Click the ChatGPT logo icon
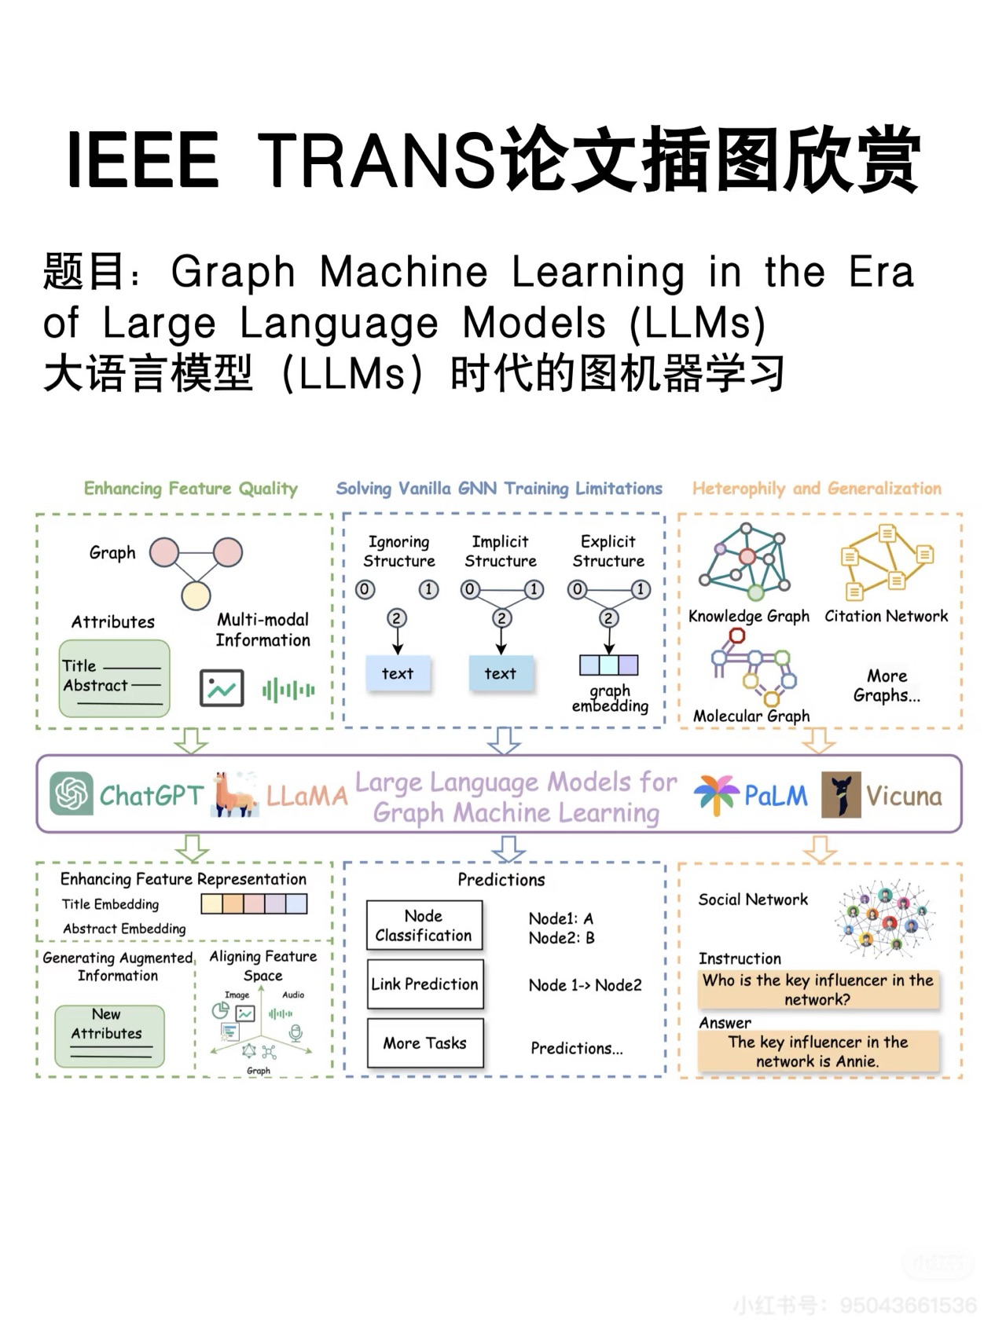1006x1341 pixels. pos(72,793)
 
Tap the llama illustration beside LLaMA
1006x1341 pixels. pos(235,794)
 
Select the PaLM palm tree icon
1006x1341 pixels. pos(716,794)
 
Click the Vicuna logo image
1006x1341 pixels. pos(841,794)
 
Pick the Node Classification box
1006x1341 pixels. pos(424,925)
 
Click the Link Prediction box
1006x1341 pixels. pos(424,984)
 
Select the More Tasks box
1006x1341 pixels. pos(424,1043)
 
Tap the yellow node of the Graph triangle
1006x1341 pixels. pos(196,596)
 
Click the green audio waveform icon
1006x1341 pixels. pos(288,691)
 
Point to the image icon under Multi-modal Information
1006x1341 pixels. pos(221,689)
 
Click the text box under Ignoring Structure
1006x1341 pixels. pos(398,673)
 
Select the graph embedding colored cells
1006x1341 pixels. pos(608,665)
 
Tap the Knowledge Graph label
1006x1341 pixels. pos(748,617)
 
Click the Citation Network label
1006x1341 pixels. pos(886,617)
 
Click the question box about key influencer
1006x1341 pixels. pos(817,990)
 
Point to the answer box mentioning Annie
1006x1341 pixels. pos(817,1051)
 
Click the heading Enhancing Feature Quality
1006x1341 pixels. pos(191,489)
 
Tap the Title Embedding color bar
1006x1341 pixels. pos(254,903)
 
